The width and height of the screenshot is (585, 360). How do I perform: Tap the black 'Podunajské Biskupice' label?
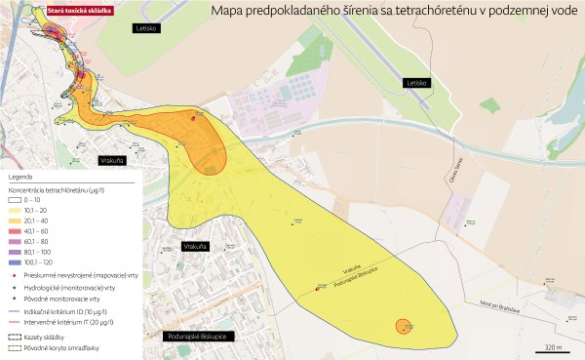coord(197,336)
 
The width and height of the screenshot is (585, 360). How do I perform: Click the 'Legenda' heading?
coord(19,177)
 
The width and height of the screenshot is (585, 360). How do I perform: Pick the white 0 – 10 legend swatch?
coord(17,198)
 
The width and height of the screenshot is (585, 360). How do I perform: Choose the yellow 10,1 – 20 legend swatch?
coord(17,209)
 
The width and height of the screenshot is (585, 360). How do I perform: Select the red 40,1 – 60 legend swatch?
coord(17,231)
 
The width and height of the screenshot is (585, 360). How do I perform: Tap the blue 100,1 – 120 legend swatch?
coord(17,263)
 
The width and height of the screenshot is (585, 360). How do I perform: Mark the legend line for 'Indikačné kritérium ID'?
coord(17,309)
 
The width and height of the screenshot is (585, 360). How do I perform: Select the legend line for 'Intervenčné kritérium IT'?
coord(17,320)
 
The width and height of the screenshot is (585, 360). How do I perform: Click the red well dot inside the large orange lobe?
coord(194,117)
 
